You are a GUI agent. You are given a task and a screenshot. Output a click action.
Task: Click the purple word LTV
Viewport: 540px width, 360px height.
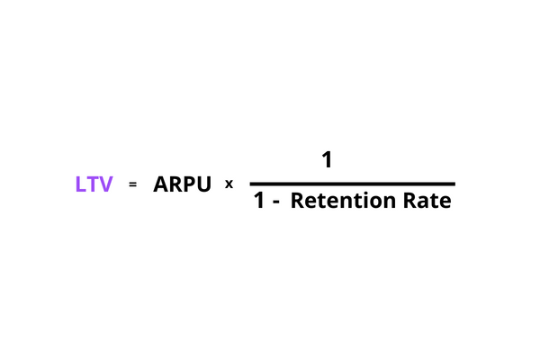(x=94, y=184)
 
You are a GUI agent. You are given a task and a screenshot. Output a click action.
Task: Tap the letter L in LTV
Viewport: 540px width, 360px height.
(x=80, y=184)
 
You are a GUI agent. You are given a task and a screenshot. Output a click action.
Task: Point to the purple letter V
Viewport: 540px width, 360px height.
(x=105, y=184)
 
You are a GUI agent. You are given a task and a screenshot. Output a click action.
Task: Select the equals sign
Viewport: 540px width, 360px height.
(x=132, y=184)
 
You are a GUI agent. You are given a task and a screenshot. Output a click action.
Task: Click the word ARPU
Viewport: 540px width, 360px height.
(x=182, y=184)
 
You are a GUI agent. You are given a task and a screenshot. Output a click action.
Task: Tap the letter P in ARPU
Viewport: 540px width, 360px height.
(x=189, y=184)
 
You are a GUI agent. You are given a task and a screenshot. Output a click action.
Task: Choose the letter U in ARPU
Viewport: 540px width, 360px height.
(x=204, y=184)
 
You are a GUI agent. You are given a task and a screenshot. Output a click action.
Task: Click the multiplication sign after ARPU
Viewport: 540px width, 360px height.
(x=229, y=184)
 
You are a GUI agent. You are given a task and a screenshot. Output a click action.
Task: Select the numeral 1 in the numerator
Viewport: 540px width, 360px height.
(x=327, y=159)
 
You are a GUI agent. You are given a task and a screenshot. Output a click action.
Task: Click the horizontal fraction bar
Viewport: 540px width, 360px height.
(x=352, y=184)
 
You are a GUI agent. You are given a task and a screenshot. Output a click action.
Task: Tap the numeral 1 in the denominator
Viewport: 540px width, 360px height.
(x=260, y=200)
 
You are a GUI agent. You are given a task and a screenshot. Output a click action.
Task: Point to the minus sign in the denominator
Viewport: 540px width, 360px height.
(x=276, y=202)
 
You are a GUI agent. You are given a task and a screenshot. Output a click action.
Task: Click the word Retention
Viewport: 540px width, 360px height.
(x=343, y=200)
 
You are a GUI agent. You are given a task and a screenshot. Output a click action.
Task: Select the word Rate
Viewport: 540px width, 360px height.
(x=427, y=200)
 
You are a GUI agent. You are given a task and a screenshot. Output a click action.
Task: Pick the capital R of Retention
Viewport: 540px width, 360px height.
(x=298, y=200)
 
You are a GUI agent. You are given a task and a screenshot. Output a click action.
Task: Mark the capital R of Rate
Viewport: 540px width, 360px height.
(x=409, y=200)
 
